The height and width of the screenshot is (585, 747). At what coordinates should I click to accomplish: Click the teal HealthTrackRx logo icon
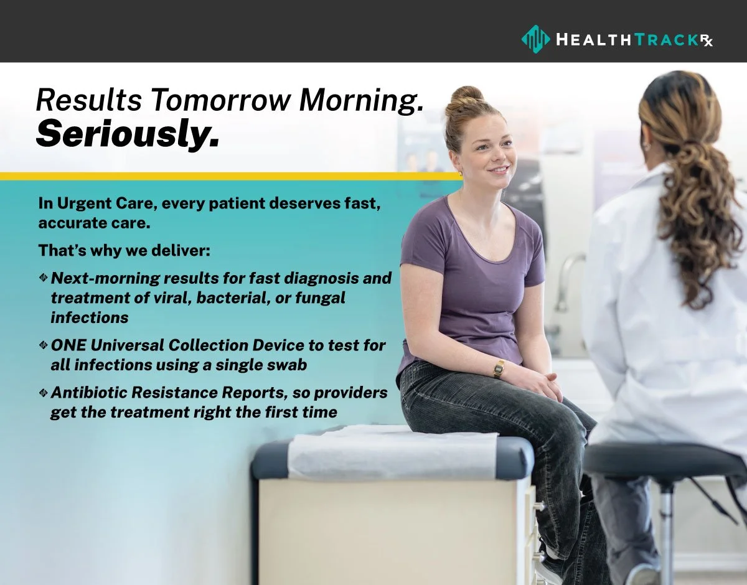coord(535,39)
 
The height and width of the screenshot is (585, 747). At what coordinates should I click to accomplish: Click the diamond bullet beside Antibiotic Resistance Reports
coord(43,393)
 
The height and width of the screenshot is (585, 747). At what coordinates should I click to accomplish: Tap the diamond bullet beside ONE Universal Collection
coord(43,345)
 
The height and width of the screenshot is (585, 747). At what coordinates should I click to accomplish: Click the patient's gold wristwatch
coord(499,370)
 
